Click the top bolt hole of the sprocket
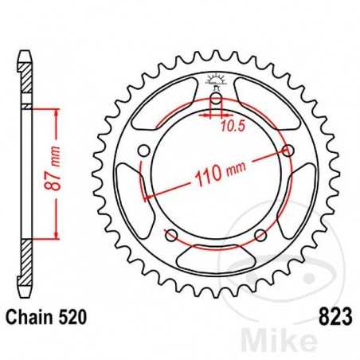tap(215, 101)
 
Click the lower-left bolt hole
tap(171, 235)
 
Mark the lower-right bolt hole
tap(258, 235)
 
